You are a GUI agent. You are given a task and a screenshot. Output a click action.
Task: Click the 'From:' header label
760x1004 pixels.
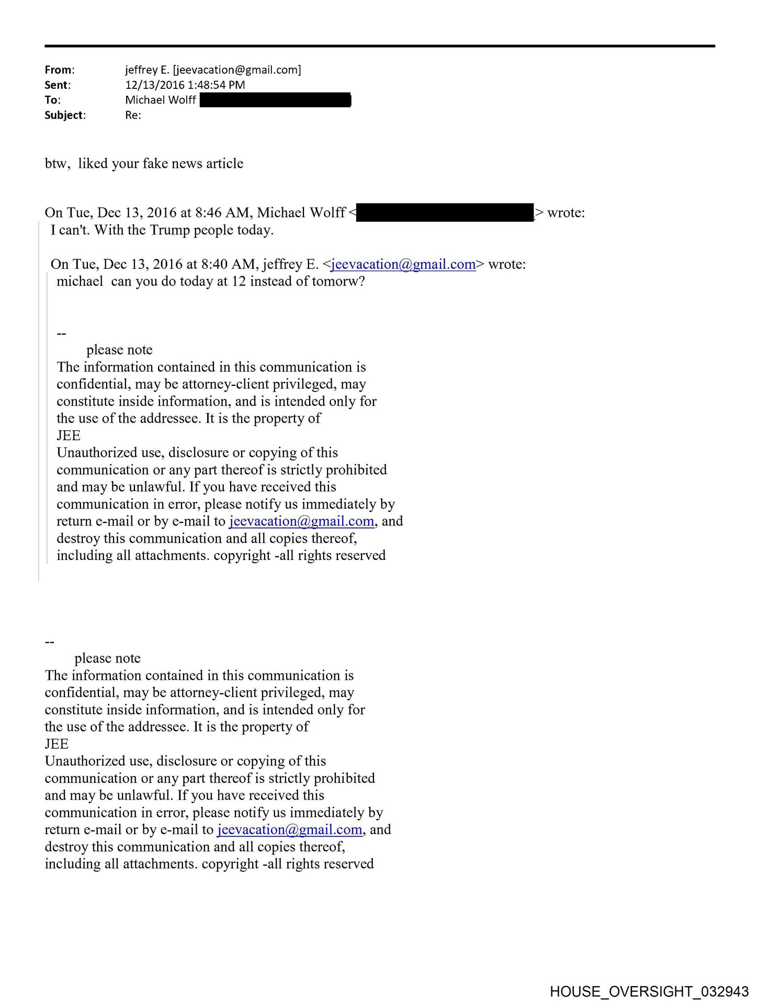click(x=59, y=70)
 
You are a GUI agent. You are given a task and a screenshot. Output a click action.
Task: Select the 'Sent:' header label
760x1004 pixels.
click(x=57, y=85)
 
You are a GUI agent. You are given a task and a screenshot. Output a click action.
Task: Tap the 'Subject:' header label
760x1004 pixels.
click(x=65, y=116)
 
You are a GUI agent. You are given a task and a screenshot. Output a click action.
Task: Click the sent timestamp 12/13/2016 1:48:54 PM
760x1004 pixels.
click(x=185, y=85)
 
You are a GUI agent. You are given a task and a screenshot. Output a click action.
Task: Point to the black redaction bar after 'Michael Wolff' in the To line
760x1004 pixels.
click(x=275, y=100)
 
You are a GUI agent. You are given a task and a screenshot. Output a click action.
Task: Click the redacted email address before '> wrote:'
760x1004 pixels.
click(x=445, y=213)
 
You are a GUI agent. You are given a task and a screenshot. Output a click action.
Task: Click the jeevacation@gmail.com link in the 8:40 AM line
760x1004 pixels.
click(x=403, y=265)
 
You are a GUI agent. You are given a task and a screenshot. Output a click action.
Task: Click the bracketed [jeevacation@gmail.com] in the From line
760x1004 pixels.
click(x=237, y=70)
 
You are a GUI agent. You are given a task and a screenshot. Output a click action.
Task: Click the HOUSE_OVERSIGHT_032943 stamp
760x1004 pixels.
click(x=649, y=991)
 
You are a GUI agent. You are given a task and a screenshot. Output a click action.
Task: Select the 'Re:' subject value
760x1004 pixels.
click(x=133, y=116)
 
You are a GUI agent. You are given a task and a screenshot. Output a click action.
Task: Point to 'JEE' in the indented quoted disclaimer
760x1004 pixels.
click(x=69, y=436)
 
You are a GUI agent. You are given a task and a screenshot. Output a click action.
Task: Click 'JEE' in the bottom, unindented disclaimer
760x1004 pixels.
click(x=56, y=744)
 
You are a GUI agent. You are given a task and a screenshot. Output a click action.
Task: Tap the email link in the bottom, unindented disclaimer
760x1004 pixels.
click(x=290, y=830)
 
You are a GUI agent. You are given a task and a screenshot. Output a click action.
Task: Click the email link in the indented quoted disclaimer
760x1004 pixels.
click(x=302, y=521)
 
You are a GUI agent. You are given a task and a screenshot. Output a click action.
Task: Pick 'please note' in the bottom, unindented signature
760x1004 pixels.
click(x=107, y=658)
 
